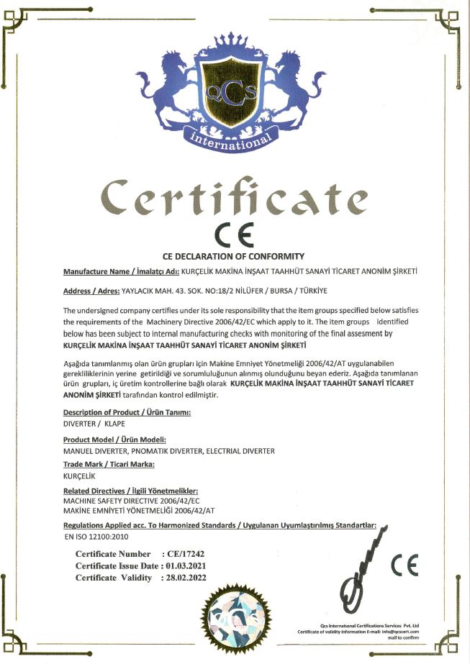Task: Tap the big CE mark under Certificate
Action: click(235, 236)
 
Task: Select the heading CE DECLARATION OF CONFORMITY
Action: click(234, 257)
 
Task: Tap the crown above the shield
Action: click(235, 45)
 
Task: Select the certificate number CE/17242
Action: click(186, 555)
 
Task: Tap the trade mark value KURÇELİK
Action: click(79, 476)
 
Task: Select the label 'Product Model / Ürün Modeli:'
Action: click(115, 440)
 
